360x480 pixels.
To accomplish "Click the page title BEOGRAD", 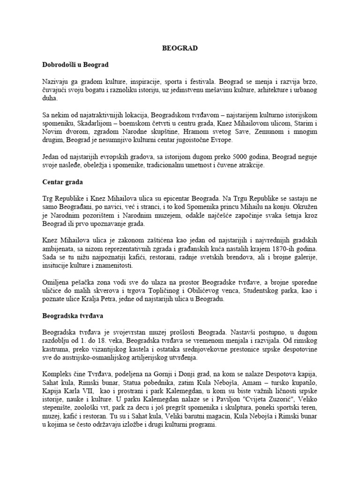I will [180, 48].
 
